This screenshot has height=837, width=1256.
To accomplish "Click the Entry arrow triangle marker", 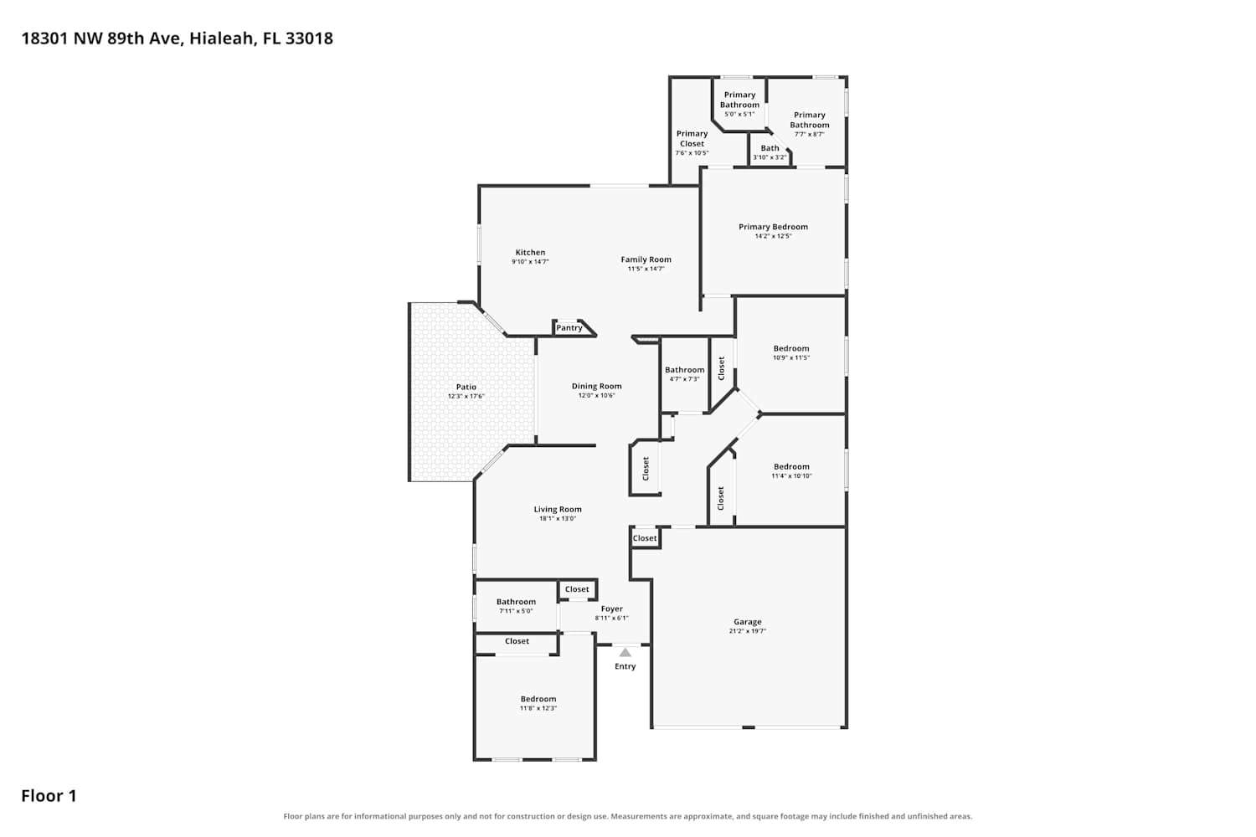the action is [625, 653].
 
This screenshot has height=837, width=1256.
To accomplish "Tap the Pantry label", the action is [569, 328].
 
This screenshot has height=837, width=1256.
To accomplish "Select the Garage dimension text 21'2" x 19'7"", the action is [748, 631].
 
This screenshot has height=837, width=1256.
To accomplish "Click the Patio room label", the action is [466, 387].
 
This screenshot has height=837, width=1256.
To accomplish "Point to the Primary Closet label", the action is [692, 138].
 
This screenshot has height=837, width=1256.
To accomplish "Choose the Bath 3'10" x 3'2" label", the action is [770, 152].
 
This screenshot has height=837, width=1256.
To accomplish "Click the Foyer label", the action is [612, 608].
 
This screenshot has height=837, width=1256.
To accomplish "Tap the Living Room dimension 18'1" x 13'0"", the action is [558, 519].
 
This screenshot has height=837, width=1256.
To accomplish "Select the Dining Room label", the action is [596, 386].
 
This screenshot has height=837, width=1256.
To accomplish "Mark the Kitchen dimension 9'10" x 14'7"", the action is [530, 261].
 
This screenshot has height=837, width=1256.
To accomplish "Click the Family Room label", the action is [646, 259].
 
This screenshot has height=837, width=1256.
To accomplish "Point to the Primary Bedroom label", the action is [773, 227].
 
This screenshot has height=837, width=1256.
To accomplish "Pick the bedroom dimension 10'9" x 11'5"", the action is [791, 357].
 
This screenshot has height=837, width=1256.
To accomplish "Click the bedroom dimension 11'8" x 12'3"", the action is [538, 708].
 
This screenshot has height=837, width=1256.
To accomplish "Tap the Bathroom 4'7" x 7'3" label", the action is [685, 374].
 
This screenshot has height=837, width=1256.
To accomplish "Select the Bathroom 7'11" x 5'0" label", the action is [516, 606].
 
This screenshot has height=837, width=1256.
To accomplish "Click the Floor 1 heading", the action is [49, 796].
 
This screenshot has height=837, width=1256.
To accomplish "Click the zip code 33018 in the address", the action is [309, 39].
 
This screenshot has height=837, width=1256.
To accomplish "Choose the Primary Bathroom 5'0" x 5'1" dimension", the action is [739, 114].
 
